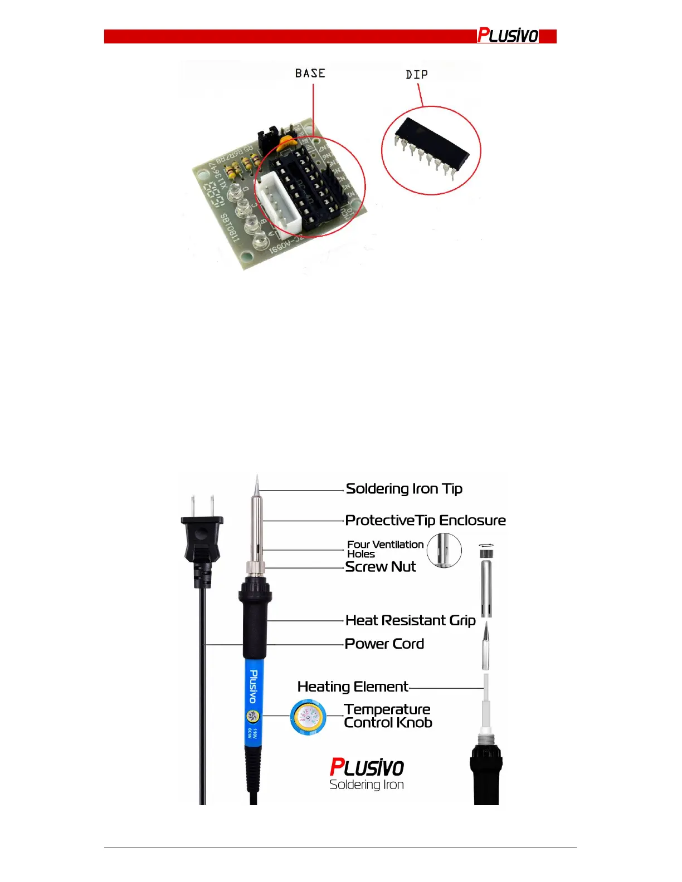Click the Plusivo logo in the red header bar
coord(508,36)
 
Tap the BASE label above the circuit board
coord(310,73)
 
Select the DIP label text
coord(417,75)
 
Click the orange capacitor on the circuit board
coord(288,141)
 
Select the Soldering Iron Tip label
coord(404,489)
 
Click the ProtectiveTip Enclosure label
coord(425,521)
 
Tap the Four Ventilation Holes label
coord(385,549)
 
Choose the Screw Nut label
coord(381,567)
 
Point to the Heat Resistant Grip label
coord(410,620)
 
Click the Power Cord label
coord(384,644)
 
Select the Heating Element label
coord(353,687)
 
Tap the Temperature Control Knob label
coord(388,716)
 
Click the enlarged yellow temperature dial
coord(308,717)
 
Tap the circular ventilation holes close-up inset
coord(444,550)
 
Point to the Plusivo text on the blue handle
coord(254,686)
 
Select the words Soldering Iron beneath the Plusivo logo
coord(367,785)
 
